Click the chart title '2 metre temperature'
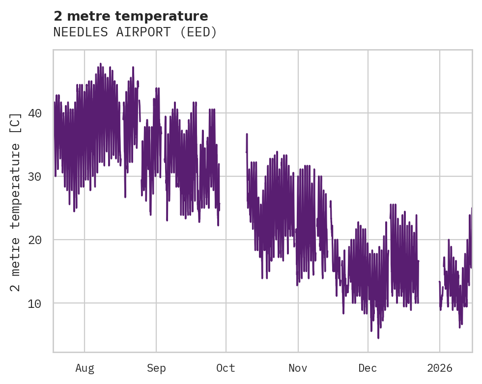(x=131, y=16)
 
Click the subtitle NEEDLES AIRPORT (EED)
(x=135, y=32)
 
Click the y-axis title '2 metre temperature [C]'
(x=16, y=201)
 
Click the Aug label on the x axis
(x=85, y=368)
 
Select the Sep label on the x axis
(x=156, y=368)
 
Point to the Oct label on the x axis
(x=226, y=368)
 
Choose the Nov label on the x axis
(x=298, y=368)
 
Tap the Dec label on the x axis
(x=368, y=368)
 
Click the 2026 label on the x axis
(x=440, y=368)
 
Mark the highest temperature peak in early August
(x=101, y=64)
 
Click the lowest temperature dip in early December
(x=378, y=337)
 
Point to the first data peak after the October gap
(x=247, y=134)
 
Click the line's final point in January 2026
(x=471, y=208)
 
